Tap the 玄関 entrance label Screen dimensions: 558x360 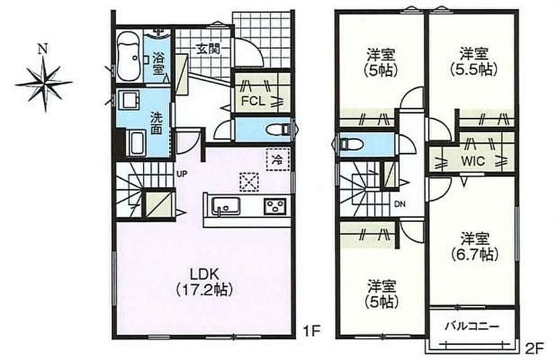[x=208, y=49]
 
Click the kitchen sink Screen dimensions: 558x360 [x=226, y=206]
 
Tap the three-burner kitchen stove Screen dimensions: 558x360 [x=275, y=206]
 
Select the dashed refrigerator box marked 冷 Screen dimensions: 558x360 [x=278, y=159]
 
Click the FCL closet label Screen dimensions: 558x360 [x=253, y=101]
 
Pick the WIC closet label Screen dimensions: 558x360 [x=473, y=161]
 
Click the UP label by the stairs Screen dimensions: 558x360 [x=182, y=174]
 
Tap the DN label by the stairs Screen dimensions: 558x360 [x=400, y=204]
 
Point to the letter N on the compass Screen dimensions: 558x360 [x=43, y=49]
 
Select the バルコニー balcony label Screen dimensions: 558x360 [x=472, y=327]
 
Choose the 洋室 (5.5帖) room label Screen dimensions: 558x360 [x=473, y=61]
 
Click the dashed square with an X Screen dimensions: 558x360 [x=249, y=182]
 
